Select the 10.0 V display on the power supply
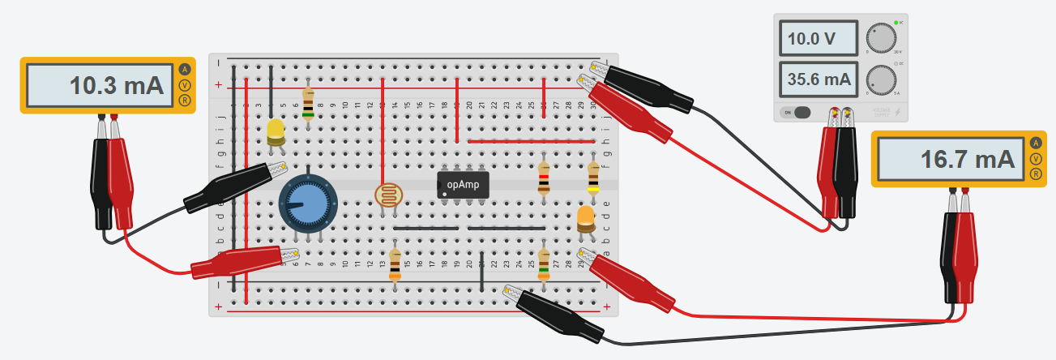(x=819, y=37)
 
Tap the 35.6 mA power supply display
(x=819, y=79)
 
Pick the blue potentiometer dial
(x=307, y=203)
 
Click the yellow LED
(x=276, y=132)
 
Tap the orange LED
(x=585, y=217)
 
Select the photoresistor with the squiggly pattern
(x=388, y=196)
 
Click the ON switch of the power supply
(x=797, y=113)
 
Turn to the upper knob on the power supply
(x=882, y=37)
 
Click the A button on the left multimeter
(x=186, y=70)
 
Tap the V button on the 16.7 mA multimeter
(x=1036, y=159)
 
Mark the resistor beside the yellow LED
(x=308, y=103)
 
